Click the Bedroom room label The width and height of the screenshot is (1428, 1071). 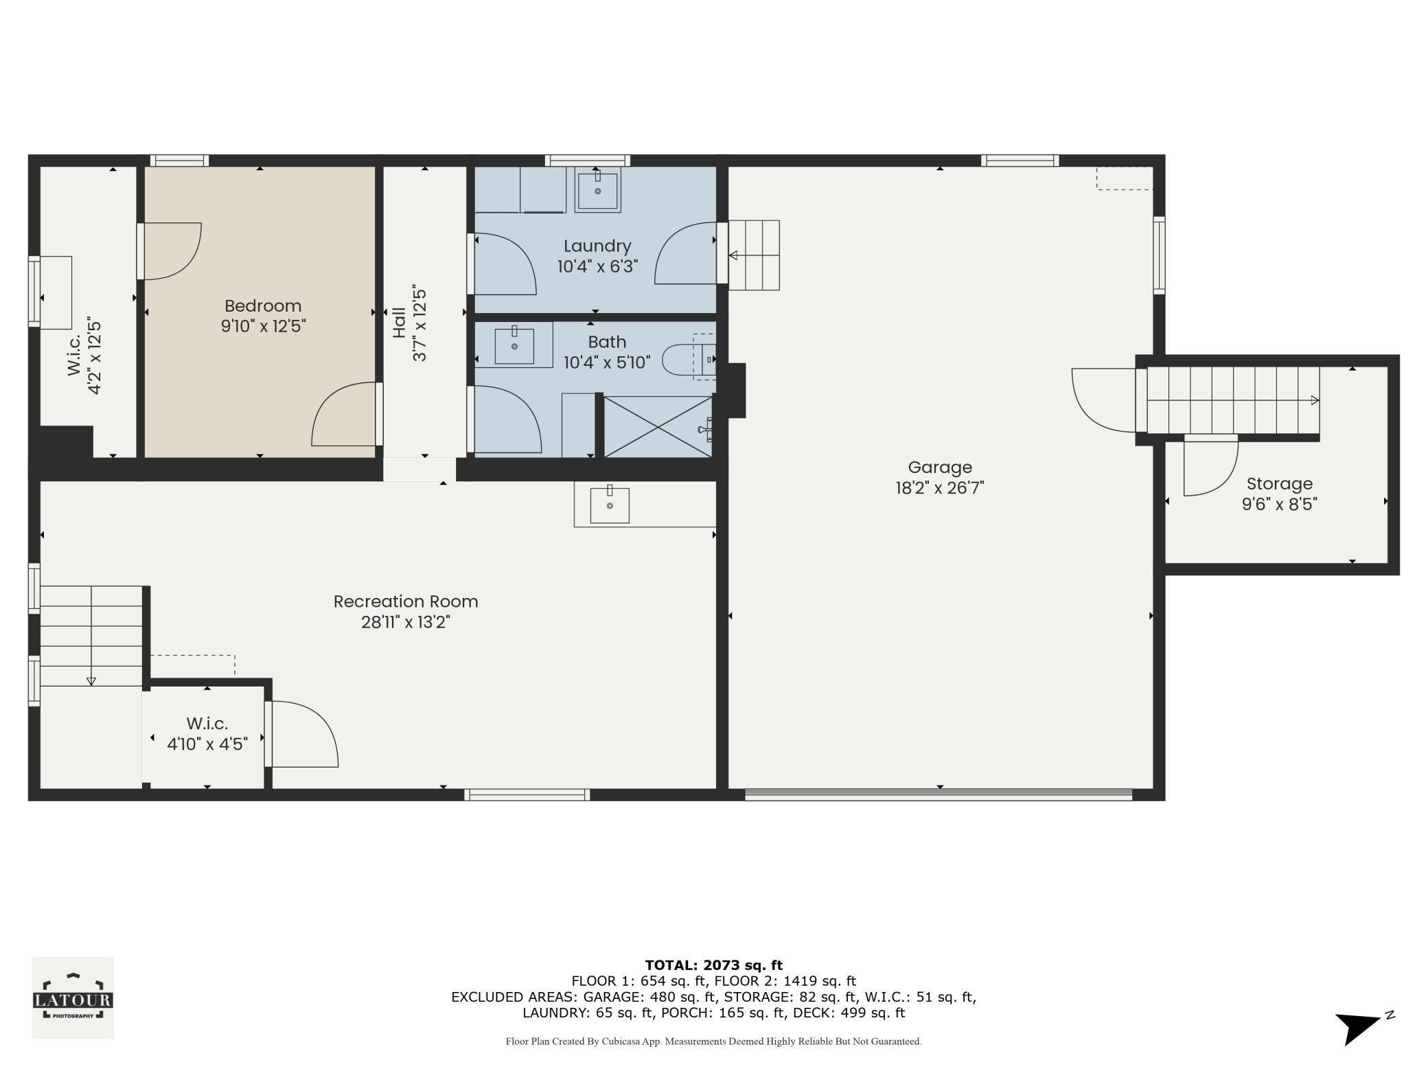(x=263, y=306)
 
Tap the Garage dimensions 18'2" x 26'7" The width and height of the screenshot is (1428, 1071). (x=940, y=488)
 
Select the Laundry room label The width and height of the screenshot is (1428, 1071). (x=597, y=246)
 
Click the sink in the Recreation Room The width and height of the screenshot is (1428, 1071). (x=610, y=505)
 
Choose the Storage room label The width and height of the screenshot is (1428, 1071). (x=1280, y=484)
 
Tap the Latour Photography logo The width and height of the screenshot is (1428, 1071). (x=73, y=998)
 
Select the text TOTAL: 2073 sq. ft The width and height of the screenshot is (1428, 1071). (x=714, y=965)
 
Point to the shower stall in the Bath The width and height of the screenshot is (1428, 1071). (x=658, y=426)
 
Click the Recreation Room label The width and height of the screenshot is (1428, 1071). (x=406, y=601)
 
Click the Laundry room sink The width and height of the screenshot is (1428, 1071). (x=597, y=191)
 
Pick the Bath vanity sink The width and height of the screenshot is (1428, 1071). (x=514, y=346)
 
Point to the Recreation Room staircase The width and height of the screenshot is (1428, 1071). (x=91, y=636)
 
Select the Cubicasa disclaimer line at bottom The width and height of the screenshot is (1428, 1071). (x=714, y=1041)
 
